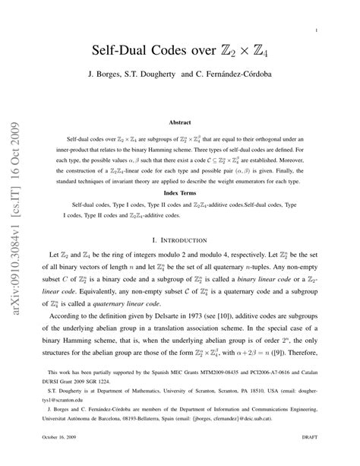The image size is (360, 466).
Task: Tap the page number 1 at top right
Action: (x=314, y=30)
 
